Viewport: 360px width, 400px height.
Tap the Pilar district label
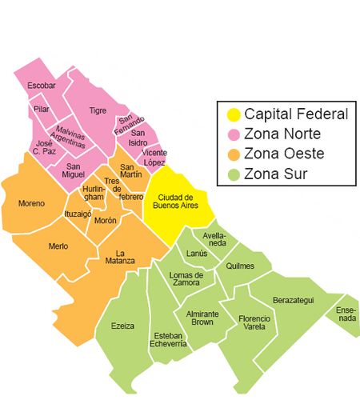(x=41, y=108)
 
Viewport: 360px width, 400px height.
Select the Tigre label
(x=98, y=110)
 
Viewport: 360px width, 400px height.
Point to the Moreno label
(x=31, y=203)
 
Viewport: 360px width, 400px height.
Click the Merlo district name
(x=58, y=246)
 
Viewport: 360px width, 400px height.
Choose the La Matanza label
(x=119, y=257)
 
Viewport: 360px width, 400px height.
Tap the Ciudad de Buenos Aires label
(x=175, y=201)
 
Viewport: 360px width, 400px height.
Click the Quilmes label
(x=239, y=266)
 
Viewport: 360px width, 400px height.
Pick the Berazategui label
(x=293, y=299)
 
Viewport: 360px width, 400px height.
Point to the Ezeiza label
(x=123, y=326)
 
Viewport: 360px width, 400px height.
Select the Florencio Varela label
(x=254, y=322)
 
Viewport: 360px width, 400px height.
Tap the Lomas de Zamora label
(x=186, y=279)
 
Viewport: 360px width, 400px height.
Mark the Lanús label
(x=197, y=254)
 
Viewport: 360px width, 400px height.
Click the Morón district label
(x=105, y=220)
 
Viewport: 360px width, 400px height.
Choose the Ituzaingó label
(x=78, y=214)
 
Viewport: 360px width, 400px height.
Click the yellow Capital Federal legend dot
(x=233, y=114)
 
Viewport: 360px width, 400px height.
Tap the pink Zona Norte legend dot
(x=233, y=134)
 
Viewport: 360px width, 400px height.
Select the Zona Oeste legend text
(x=282, y=154)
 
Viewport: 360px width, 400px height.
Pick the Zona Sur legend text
(x=274, y=174)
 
